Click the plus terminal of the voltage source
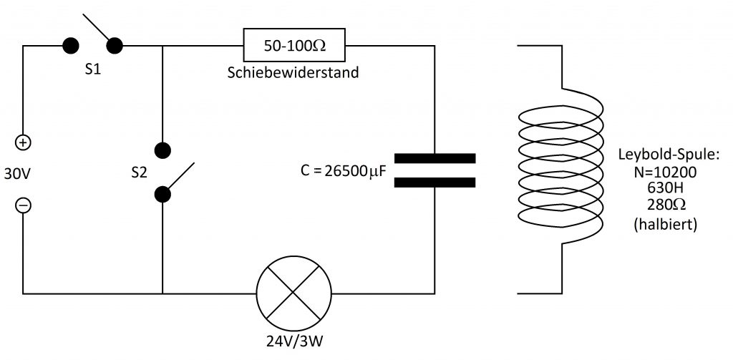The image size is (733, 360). click(24, 142)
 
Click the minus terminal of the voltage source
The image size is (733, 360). click(24, 205)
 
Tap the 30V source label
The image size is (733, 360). click(17, 174)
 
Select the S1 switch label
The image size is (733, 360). click(92, 70)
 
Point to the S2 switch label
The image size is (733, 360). click(139, 173)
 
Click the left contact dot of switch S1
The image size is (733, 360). click(71, 46)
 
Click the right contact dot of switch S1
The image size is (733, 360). click(115, 46)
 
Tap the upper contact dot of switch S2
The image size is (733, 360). click(162, 150)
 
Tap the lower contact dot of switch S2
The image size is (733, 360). click(162, 195)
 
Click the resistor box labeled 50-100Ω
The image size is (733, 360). click(294, 45)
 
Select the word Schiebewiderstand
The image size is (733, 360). click(293, 72)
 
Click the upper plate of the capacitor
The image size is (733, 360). click(435, 158)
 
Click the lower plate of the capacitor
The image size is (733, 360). click(435, 183)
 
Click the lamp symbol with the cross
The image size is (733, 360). click(293, 293)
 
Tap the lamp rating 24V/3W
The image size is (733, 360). click(294, 342)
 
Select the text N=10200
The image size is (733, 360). click(665, 172)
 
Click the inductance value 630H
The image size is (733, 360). click(665, 188)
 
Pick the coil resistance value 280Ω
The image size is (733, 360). click(666, 205)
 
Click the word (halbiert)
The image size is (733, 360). click(666, 224)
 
